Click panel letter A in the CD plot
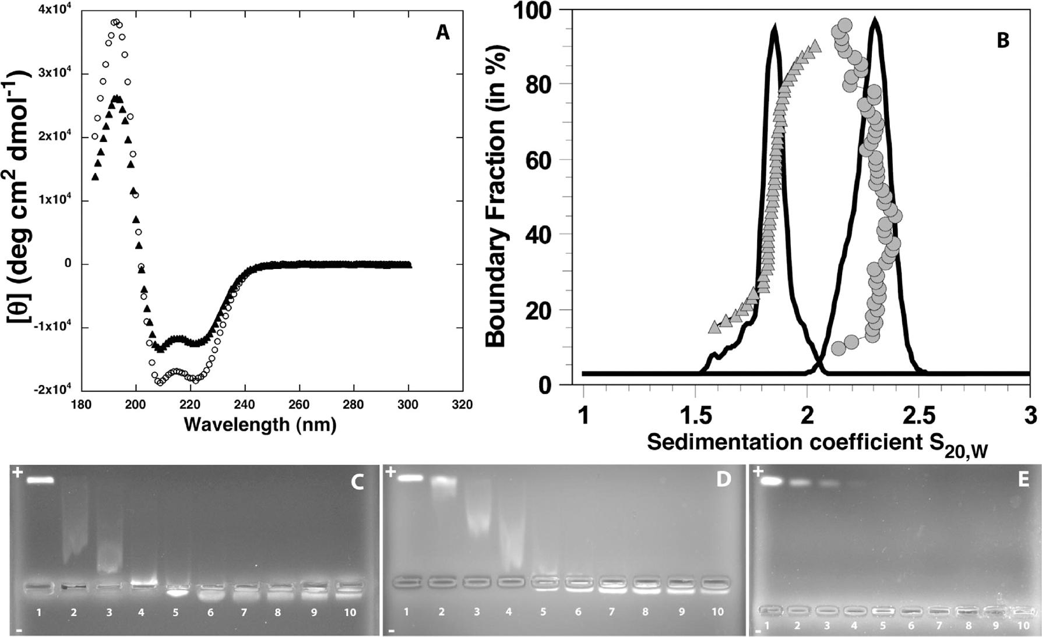(442, 33)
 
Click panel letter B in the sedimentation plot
(1002, 40)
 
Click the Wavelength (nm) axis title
(260, 424)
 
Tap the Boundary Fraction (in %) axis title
(497, 199)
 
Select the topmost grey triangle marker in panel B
(815, 45)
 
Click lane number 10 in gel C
(349, 613)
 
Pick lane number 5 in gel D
(544, 612)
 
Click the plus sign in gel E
(758, 472)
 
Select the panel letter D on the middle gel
(723, 480)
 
